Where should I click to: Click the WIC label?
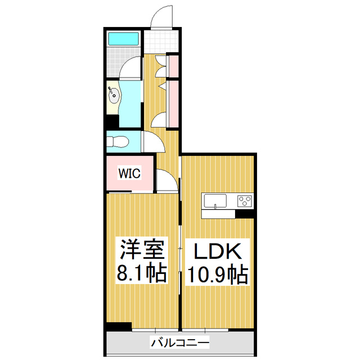pyautogui.click(x=128, y=174)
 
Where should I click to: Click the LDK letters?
pyautogui.click(x=218, y=250)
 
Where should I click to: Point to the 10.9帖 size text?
pyautogui.click(x=218, y=274)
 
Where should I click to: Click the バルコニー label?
pyautogui.click(x=180, y=341)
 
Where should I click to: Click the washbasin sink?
pyautogui.click(x=114, y=94)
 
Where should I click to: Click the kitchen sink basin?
pyautogui.click(x=214, y=200)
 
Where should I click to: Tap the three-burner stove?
pyautogui.click(x=245, y=200)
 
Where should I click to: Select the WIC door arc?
pyautogui.click(x=165, y=181)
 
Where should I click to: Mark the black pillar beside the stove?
pyautogui.click(x=245, y=214)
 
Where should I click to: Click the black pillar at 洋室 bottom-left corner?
pyautogui.click(x=119, y=326)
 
